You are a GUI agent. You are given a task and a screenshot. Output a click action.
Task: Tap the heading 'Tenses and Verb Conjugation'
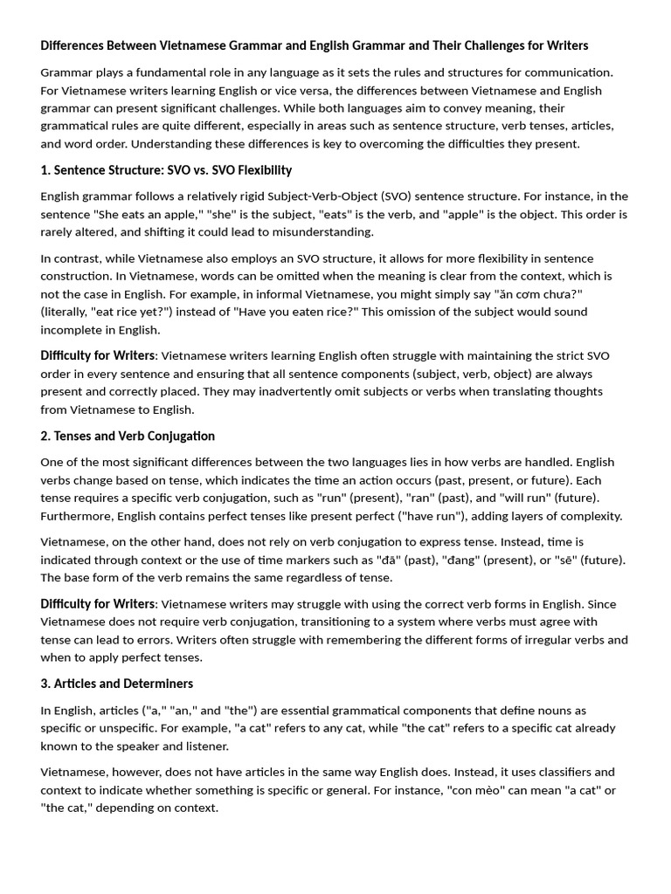point(134,436)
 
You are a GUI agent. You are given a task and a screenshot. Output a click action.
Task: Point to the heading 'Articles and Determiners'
point(123,684)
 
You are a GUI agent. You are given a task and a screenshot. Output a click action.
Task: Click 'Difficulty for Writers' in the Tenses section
point(98,604)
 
